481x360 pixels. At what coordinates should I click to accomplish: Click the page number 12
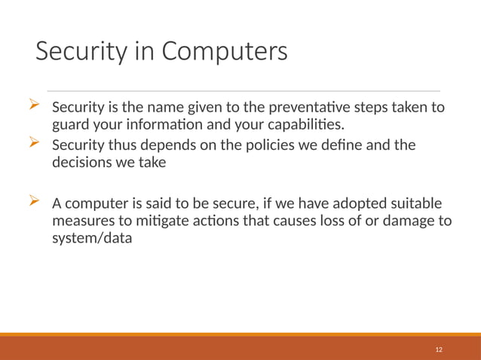tap(439, 350)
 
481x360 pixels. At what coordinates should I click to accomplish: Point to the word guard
tap(70, 124)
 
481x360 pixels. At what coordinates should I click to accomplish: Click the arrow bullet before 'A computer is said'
tap(34, 201)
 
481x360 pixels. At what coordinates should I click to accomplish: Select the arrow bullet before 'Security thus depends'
tap(34, 142)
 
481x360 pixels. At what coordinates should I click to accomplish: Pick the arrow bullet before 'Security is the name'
tap(34, 105)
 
